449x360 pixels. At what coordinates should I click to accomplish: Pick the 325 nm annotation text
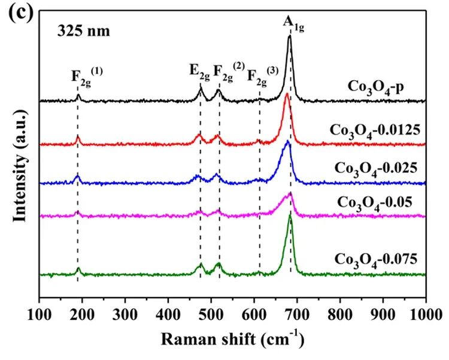click(x=84, y=31)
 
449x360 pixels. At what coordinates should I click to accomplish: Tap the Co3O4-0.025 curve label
click(x=378, y=167)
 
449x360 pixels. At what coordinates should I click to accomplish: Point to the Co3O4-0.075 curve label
click(x=377, y=259)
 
